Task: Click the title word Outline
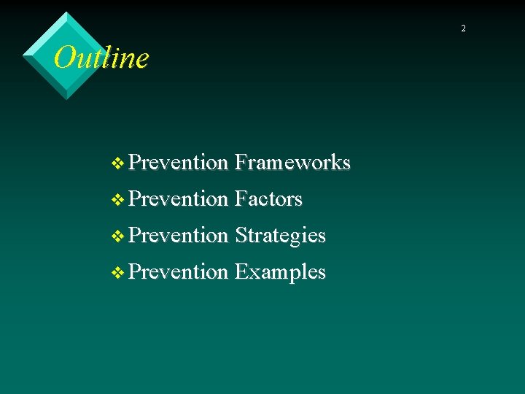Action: (x=101, y=58)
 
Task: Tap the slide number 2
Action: (x=462, y=28)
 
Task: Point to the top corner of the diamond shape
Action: (x=67, y=12)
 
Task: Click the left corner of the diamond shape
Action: (x=23, y=55)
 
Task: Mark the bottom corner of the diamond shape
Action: (x=67, y=99)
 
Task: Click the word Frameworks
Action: (x=292, y=162)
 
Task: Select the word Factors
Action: (x=268, y=198)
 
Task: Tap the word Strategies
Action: (x=280, y=236)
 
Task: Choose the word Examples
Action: (x=280, y=272)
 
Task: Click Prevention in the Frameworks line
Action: (x=178, y=162)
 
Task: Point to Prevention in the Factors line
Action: (x=178, y=198)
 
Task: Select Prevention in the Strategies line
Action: (x=178, y=235)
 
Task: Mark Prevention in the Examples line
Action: (x=178, y=271)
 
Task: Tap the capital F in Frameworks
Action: (x=241, y=162)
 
